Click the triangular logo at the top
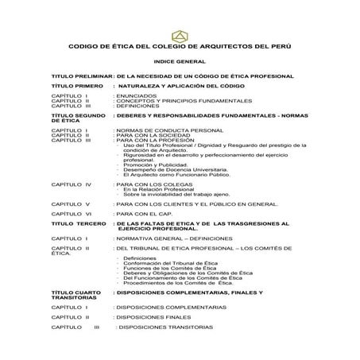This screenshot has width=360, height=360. [180, 35]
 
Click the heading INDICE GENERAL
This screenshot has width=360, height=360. [180, 61]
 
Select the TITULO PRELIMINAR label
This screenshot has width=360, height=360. [79, 75]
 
